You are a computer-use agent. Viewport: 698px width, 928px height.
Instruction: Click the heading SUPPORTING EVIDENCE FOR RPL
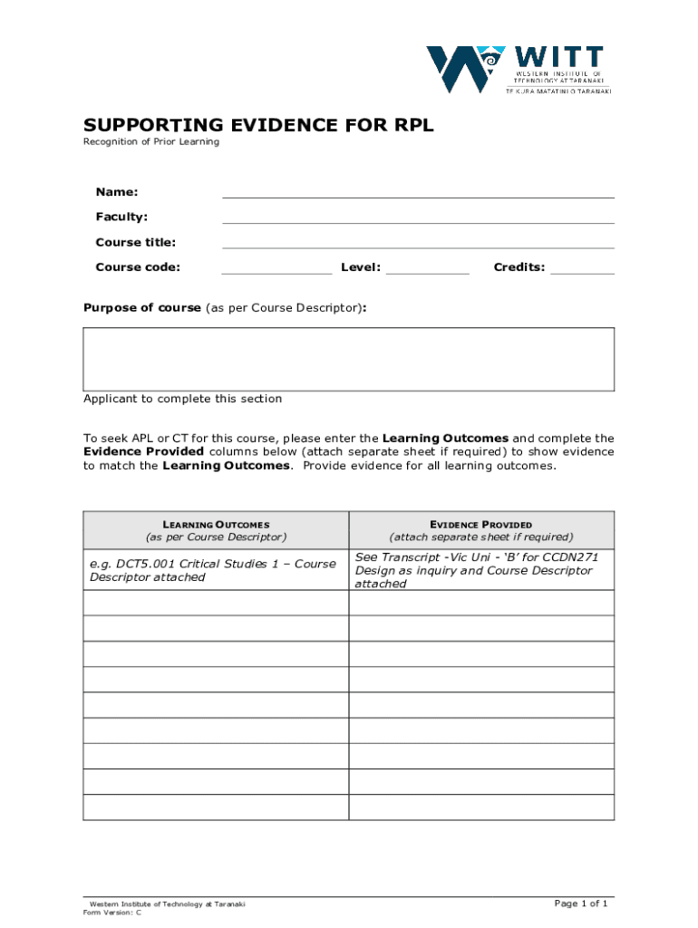pos(258,125)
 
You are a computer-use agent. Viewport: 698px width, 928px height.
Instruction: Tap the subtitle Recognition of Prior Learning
pos(151,142)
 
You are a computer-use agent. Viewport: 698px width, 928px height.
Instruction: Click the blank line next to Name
pos(418,191)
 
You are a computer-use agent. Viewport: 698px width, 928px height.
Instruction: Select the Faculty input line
pos(418,217)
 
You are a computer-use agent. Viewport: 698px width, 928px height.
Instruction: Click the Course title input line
pos(418,242)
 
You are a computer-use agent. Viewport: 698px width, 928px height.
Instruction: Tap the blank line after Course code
pos(276,267)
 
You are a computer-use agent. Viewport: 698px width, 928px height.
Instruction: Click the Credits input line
pos(582,267)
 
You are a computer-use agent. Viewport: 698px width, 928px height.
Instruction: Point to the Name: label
pos(117,192)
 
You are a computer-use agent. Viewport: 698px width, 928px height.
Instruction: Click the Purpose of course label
pos(142,308)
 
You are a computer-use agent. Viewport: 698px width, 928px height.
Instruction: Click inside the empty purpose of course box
pos(349,359)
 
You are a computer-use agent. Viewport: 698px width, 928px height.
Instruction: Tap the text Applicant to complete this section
pos(182,399)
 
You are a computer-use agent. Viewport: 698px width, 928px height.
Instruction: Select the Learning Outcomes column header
pos(216,530)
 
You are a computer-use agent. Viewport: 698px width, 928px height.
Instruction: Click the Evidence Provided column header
pos(481,530)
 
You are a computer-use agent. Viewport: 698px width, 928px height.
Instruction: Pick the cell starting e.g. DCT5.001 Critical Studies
pos(216,570)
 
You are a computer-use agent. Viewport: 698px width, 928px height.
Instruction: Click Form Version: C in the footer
pos(112,913)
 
